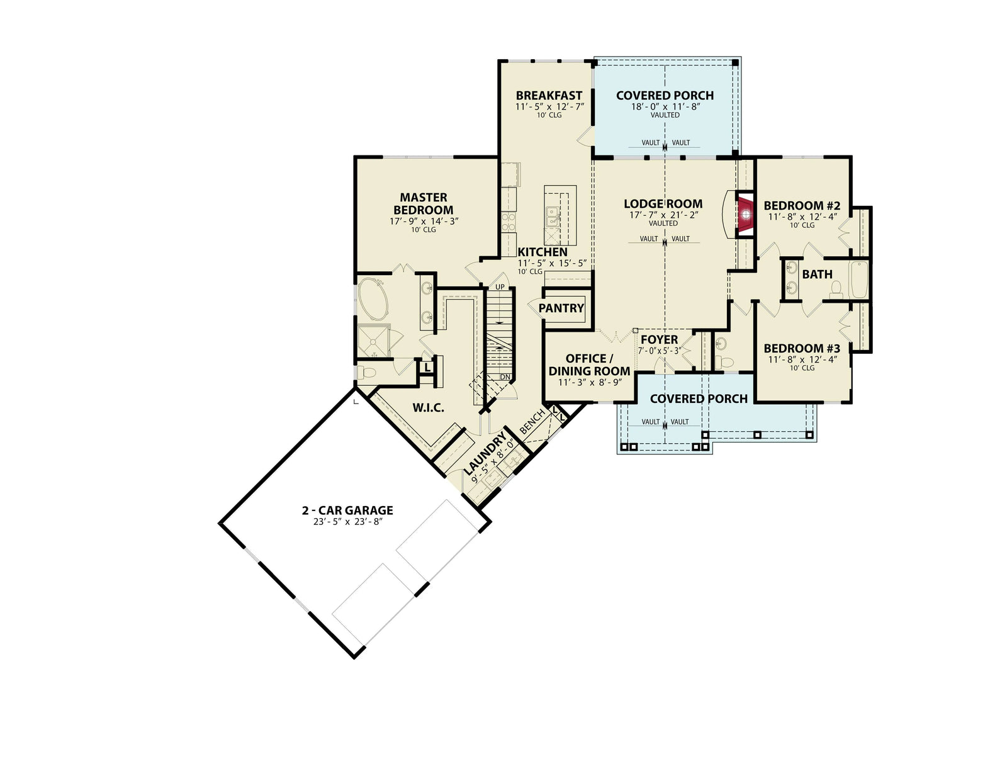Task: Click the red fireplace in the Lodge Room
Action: coord(746,215)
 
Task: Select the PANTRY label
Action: coord(561,308)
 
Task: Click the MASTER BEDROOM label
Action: coord(423,204)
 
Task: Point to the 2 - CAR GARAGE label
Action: coord(347,510)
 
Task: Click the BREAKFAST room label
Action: coord(549,96)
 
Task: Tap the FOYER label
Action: coord(659,340)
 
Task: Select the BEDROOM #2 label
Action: coord(802,206)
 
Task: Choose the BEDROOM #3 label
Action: coord(802,349)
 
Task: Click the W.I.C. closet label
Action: coord(428,408)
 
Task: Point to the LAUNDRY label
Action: coord(485,453)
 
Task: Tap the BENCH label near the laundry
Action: coord(532,423)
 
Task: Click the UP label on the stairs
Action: coord(500,287)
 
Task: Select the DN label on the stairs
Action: coord(505,377)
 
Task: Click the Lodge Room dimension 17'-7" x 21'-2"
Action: coord(663,215)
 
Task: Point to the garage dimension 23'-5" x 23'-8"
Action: coord(347,521)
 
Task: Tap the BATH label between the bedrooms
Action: coord(817,274)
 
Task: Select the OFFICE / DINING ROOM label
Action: coord(589,365)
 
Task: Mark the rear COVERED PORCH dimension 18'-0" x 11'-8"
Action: coord(665,106)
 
